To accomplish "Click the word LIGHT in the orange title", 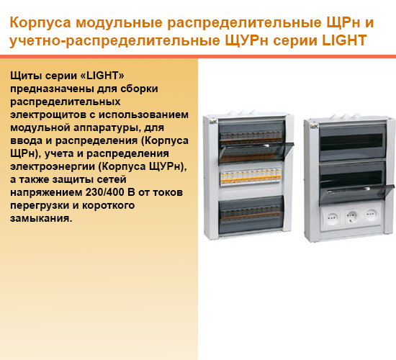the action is pos(344,40).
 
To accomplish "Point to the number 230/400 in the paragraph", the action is pos(105,192).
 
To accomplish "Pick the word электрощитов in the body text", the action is pos(48,115).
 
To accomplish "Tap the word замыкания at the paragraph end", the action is pos(41,219).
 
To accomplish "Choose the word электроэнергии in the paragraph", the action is pos(53,167).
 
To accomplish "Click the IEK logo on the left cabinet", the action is pos(213,122).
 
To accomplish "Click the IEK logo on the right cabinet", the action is pos(314,126).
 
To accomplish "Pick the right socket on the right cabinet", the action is pos(372,215).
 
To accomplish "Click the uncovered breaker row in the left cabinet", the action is pos(251,177).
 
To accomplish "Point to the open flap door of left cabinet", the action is pos(256,153).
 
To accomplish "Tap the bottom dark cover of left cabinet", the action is pos(251,215).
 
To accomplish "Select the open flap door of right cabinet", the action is pos(356,194).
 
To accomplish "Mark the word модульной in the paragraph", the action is pos(40,128).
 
